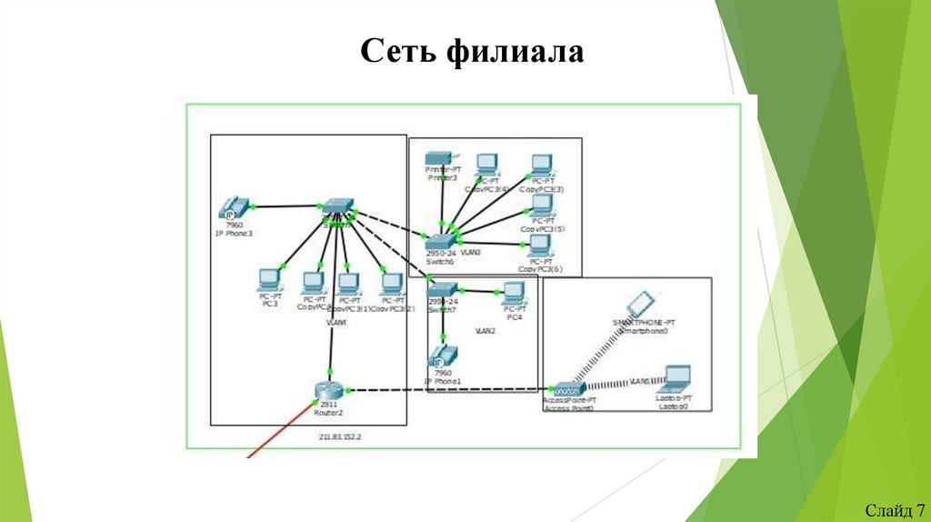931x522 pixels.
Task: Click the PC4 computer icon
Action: coord(514,293)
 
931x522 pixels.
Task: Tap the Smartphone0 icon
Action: coord(641,304)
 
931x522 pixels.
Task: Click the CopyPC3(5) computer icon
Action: coord(542,205)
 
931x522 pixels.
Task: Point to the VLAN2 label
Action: coord(485,332)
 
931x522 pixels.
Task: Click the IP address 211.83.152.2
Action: coord(340,437)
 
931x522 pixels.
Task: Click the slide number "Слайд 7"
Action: coord(895,508)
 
